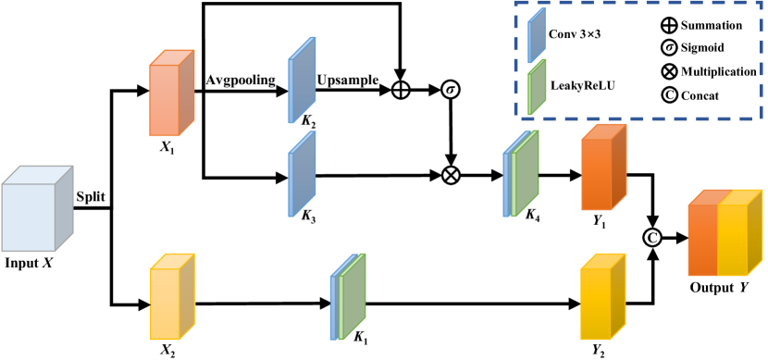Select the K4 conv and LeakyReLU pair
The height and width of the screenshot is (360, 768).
coord(520,175)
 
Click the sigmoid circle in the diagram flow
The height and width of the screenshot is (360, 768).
coord(452,91)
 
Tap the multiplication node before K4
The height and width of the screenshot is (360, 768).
coord(452,174)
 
